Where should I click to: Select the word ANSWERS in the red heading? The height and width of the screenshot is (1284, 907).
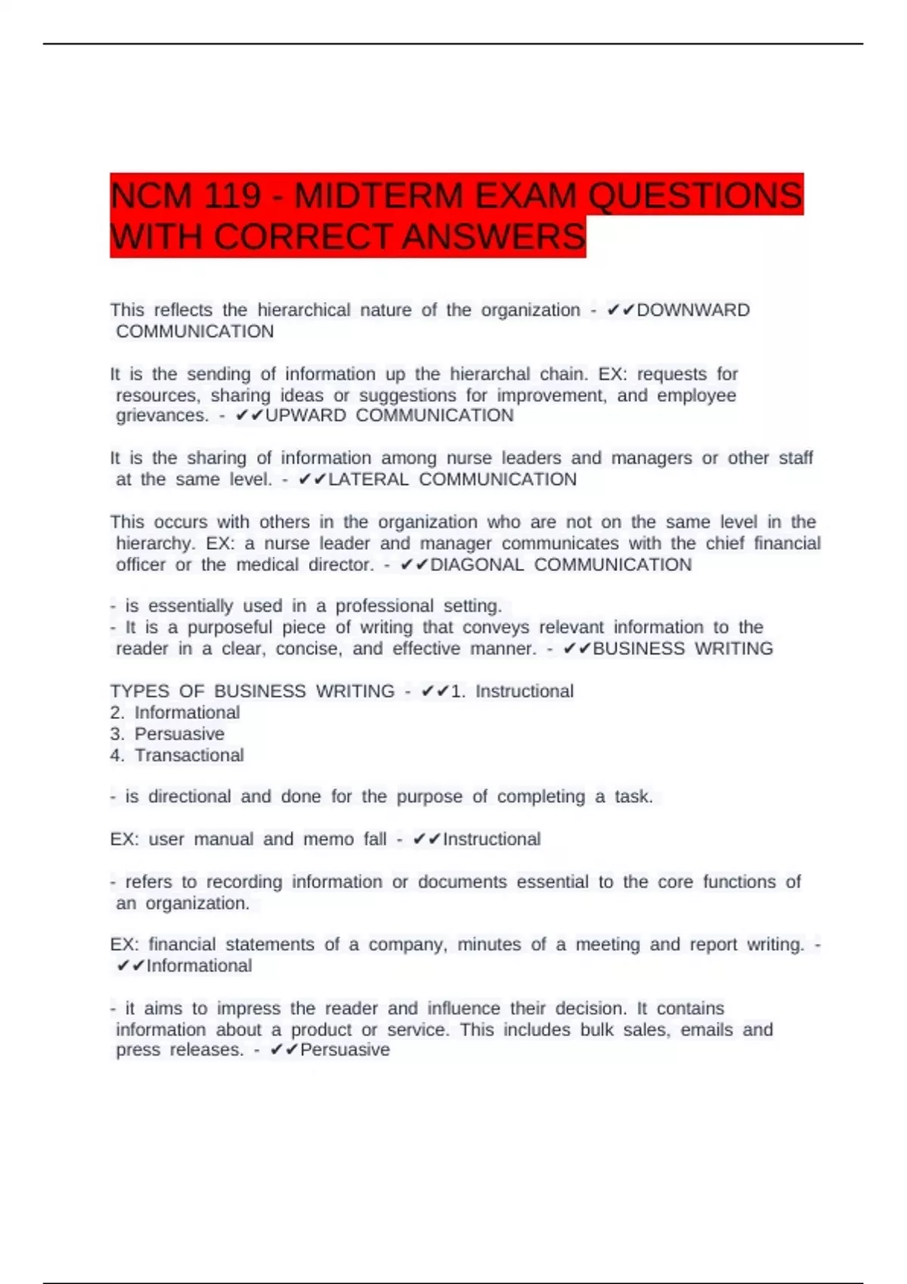(x=494, y=237)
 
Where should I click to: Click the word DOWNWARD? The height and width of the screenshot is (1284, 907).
(x=693, y=310)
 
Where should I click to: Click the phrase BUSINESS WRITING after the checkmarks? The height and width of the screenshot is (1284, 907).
(x=683, y=649)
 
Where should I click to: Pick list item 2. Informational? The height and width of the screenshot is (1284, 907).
(x=175, y=712)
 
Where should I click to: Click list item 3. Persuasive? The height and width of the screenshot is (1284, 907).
(x=168, y=734)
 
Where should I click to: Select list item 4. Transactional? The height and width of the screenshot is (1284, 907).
(x=178, y=755)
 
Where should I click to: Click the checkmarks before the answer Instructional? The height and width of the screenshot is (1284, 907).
(x=427, y=839)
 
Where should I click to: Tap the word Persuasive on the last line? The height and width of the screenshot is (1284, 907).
(x=345, y=1050)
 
